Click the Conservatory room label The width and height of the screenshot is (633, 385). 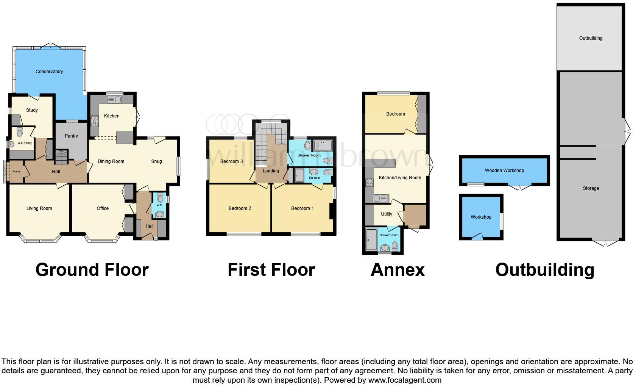49,72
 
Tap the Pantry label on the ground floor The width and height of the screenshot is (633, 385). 71,136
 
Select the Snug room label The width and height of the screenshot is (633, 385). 156,161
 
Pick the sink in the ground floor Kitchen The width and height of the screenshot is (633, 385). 114,100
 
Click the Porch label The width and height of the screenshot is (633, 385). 16,172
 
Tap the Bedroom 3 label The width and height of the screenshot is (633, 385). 231,161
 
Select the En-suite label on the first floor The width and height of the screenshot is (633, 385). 314,178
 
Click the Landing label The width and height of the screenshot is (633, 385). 271,171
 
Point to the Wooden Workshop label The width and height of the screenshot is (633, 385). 504,171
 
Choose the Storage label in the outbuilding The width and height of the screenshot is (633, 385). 591,188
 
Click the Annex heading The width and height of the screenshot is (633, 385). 398,270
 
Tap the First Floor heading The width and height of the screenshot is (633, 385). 271,270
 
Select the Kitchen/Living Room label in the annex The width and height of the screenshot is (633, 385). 400,178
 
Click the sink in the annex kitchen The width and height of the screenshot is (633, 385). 380,198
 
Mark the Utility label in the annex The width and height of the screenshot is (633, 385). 387,214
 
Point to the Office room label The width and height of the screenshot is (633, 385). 103,208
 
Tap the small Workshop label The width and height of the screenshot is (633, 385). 481,217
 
